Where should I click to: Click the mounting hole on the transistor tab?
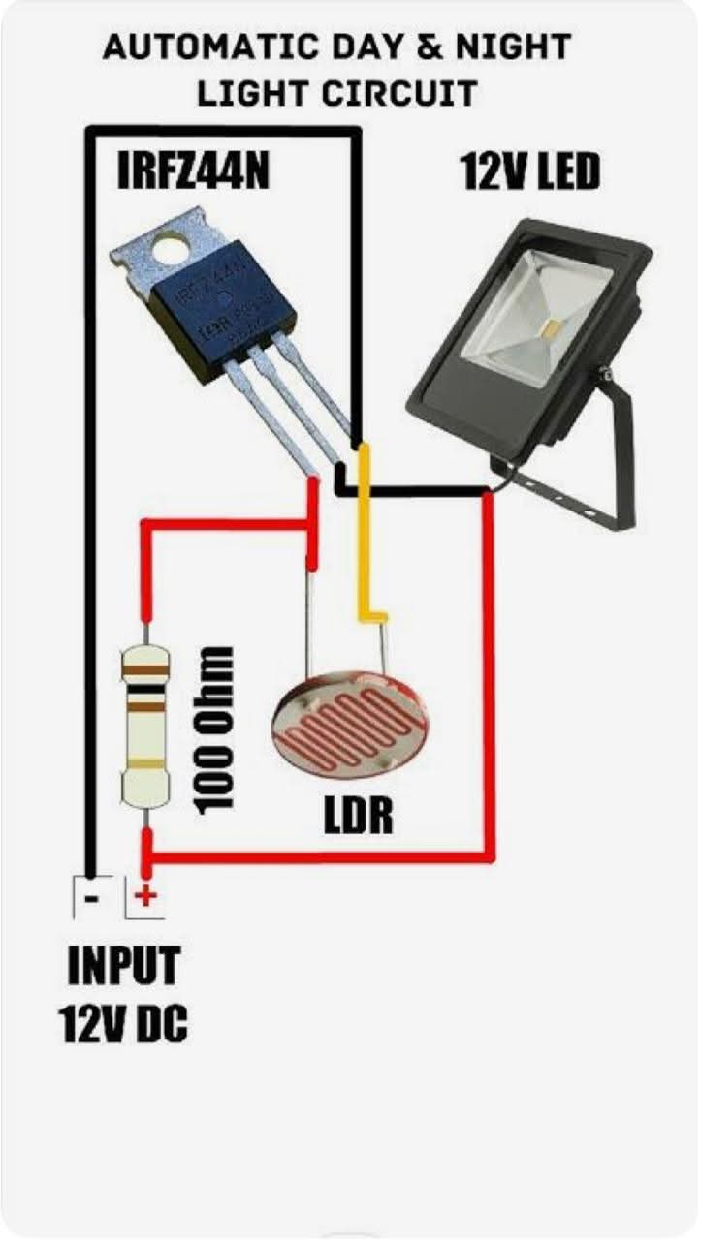[x=172, y=250]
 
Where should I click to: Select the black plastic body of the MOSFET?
[x=222, y=310]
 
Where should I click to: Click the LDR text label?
[x=358, y=816]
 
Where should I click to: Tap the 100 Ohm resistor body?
[x=145, y=727]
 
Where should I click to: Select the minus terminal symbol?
[x=91, y=898]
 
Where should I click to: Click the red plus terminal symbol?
[x=145, y=896]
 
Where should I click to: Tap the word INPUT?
[x=123, y=965]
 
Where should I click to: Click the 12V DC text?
[x=122, y=1023]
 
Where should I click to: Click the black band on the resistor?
[x=145, y=691]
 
